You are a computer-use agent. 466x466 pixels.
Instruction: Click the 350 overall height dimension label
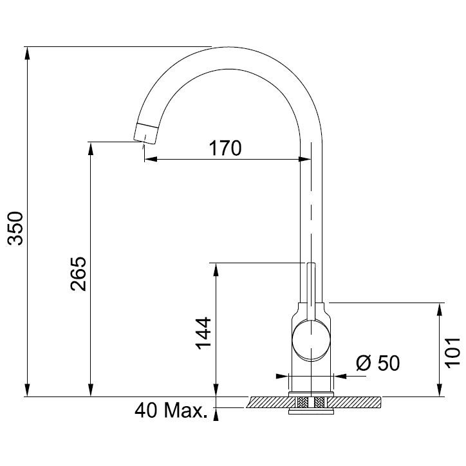coord(15,228)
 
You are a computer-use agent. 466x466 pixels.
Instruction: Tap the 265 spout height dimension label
coord(79,274)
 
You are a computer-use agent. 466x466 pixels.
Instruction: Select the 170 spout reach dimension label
coord(225,148)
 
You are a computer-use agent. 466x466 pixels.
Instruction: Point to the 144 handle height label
coord(203,333)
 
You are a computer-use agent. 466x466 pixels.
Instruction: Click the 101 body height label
coord(452,352)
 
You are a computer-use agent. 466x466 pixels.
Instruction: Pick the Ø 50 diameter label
coord(378,362)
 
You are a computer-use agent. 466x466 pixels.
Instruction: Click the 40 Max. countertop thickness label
coord(171,411)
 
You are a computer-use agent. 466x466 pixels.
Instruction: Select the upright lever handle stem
coord(311,291)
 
